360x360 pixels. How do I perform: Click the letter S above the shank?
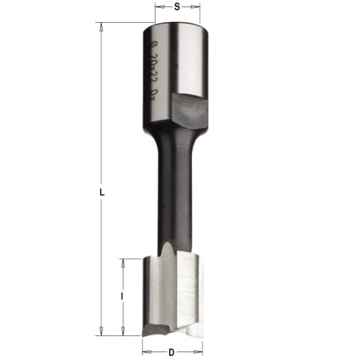pos(177,7)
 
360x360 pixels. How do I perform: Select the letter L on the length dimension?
pos(102,191)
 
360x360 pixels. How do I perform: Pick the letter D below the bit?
pos(171,352)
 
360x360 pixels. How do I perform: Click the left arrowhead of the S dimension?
pos(157,8)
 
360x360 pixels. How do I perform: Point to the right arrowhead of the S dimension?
pos(198,8)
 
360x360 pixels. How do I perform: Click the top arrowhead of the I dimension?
pos(122,262)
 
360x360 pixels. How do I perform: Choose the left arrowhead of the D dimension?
pos(146,352)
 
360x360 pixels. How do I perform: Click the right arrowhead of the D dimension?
pos(199,352)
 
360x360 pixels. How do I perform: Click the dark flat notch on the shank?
pos(189,108)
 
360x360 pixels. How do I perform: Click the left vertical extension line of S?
pos(155,13)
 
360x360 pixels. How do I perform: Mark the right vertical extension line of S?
pos(201,13)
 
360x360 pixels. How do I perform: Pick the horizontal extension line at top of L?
pos(124,23)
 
